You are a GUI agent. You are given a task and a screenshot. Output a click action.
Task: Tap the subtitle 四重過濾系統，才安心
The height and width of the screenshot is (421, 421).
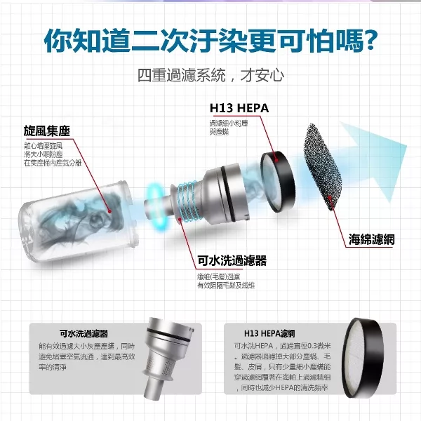210,75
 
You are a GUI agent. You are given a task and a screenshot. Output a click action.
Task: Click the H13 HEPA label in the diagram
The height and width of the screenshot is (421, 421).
239,109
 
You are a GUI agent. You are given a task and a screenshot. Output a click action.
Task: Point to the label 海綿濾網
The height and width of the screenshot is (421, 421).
372,239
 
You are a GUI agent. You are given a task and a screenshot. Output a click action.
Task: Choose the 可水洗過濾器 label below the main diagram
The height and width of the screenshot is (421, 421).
232,261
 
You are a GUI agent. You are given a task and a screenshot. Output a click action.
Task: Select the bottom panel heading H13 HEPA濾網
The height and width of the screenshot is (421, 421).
269,333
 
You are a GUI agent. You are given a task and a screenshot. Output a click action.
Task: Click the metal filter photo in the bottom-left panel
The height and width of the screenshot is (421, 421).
168,358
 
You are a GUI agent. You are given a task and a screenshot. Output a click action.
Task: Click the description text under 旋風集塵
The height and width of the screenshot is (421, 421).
52,154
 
